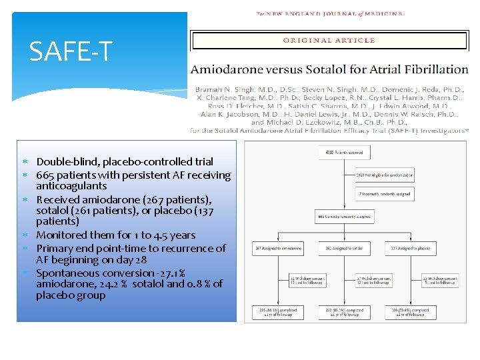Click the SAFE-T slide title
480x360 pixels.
pos(71,51)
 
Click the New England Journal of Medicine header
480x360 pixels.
pos(329,13)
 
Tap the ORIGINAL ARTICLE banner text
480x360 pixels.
pos(329,40)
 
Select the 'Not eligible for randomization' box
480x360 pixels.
pos(385,175)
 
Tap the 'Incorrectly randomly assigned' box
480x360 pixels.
pos(385,195)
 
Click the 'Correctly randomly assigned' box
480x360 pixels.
pos(343,217)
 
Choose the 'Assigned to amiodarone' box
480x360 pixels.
pos(277,249)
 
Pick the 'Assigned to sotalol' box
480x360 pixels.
pos(343,249)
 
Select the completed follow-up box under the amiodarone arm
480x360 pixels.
pos(277,312)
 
